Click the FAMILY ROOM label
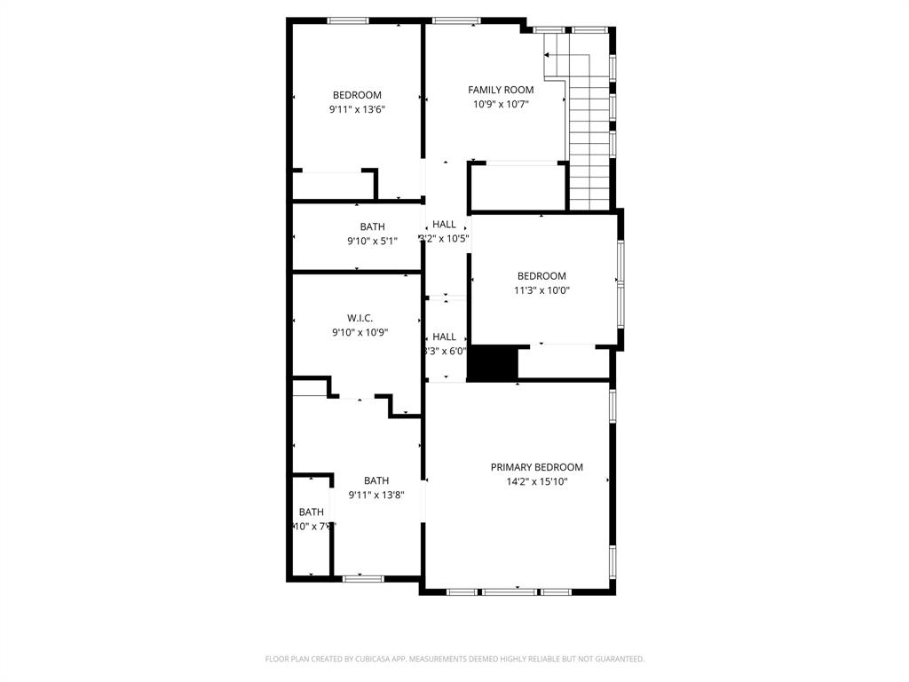[x=501, y=90]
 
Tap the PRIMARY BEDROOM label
[x=536, y=467]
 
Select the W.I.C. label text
[x=360, y=318]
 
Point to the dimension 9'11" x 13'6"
[x=357, y=110]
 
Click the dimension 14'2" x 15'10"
[x=536, y=482]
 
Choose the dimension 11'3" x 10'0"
[x=541, y=290]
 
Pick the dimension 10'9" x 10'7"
[x=501, y=105]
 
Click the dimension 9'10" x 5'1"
[x=372, y=241]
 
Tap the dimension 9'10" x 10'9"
[x=360, y=333]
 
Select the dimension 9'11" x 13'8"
[x=376, y=496]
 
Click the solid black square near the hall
[x=492, y=364]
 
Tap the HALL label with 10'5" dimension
[x=444, y=225]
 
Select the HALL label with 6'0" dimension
[x=444, y=337]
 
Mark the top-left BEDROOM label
[x=357, y=95]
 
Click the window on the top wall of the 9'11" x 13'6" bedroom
[x=348, y=20]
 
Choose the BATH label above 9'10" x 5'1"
[x=372, y=226]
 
